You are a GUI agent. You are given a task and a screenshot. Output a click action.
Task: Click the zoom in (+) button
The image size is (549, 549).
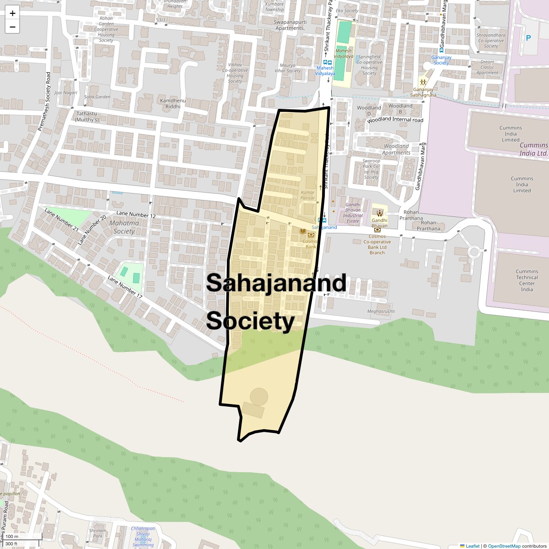click(12, 13)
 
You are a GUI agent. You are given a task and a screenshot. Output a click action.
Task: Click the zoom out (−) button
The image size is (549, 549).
click(12, 27)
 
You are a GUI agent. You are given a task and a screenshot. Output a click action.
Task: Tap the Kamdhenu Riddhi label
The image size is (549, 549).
click(172, 103)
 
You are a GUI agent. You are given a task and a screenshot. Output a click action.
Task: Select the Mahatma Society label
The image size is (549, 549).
click(124, 227)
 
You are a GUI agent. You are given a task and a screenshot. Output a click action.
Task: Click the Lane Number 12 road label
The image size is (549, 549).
click(136, 215)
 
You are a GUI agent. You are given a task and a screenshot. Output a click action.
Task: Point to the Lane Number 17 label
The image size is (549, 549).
click(125, 287)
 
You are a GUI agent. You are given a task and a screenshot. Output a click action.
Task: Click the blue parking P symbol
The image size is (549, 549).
click(528, 38)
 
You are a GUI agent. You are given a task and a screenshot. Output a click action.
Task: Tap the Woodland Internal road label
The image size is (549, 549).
click(395, 120)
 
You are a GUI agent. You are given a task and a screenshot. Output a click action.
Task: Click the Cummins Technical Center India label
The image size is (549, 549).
click(527, 280)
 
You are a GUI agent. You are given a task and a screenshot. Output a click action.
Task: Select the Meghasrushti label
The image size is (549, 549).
click(381, 312)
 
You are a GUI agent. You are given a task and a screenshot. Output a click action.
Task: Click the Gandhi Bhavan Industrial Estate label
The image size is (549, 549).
click(353, 213)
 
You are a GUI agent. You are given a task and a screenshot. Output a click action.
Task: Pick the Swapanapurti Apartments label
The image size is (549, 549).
click(290, 25)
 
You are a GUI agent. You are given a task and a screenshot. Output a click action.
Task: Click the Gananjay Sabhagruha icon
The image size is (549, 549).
click(423, 82)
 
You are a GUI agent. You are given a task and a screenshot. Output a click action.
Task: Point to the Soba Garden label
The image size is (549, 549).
click(97, 97)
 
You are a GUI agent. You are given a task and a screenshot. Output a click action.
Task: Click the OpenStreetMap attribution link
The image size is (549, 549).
click(504, 546)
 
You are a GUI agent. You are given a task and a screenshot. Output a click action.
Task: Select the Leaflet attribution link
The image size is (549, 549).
click(473, 546)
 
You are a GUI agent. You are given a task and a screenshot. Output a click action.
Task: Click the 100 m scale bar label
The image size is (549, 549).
click(12, 537)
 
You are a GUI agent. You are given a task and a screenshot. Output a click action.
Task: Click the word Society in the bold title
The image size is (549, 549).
click(250, 321)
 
